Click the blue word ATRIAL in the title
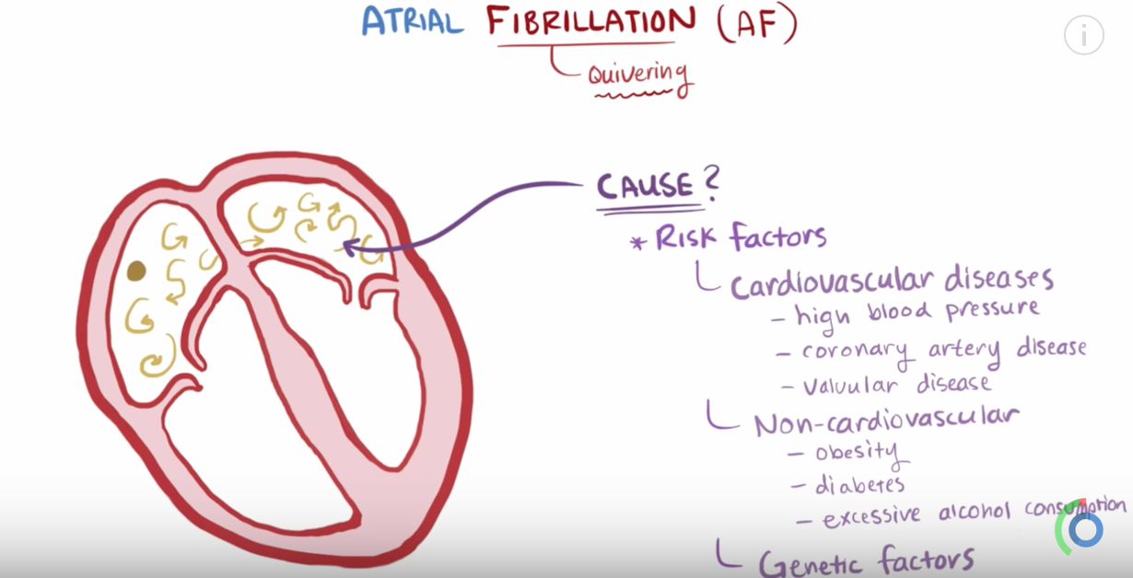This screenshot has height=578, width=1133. [x=412, y=21]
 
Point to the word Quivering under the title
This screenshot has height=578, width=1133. [x=638, y=73]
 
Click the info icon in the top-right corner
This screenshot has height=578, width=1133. [x=1083, y=35]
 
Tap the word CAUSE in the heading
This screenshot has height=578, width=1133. [x=645, y=187]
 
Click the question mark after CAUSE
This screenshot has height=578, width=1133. [x=710, y=184]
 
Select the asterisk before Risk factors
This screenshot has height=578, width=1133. [x=637, y=243]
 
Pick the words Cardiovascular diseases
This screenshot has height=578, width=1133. [x=892, y=280]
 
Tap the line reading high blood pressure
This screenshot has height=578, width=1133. [x=917, y=313]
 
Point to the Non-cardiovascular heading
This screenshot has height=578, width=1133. [x=885, y=420]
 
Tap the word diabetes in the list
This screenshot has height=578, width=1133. [x=859, y=484]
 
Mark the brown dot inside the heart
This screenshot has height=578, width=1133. [x=136, y=271]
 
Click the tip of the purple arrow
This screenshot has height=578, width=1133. [x=345, y=246]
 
